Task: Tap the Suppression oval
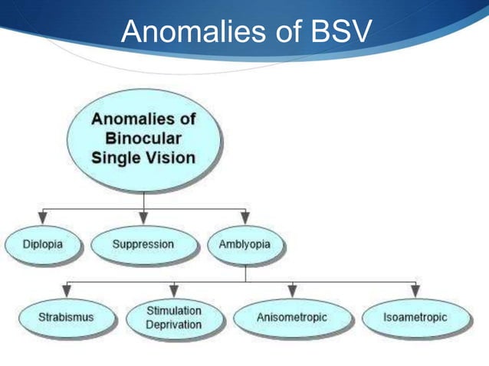point(143,245)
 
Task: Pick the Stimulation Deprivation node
point(174,317)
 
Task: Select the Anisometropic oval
point(291,316)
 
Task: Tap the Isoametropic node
point(415,316)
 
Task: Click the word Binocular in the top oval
point(143,139)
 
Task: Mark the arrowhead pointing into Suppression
point(143,217)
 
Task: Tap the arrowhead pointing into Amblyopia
point(244,217)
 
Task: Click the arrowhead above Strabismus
point(67,290)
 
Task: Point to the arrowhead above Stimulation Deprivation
point(174,290)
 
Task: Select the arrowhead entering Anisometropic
point(292,290)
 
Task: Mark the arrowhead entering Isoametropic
point(415,290)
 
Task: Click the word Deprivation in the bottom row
point(174,325)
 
